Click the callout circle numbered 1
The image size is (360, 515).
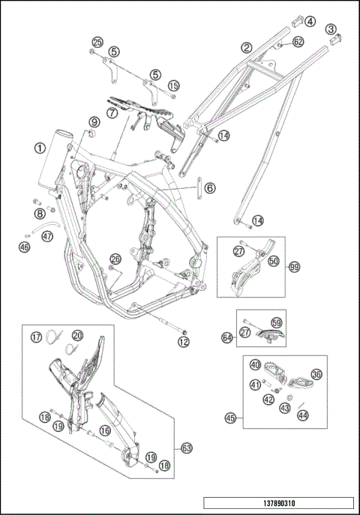point(40,148)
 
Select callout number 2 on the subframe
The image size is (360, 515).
point(247,48)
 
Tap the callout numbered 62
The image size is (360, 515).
point(298,42)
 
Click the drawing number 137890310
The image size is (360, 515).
point(278,503)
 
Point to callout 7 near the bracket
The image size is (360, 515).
point(112,113)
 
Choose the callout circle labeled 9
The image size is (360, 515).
point(94,122)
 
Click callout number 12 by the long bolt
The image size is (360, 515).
point(184,342)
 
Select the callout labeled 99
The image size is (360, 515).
point(294,268)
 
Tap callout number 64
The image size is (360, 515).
point(227,337)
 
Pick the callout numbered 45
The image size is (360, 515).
point(231,418)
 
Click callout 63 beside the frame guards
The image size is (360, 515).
point(187,448)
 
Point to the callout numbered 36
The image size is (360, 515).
point(316,374)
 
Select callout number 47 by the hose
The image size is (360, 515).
point(48,236)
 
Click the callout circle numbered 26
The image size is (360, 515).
point(115,259)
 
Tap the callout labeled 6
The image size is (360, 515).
point(210,188)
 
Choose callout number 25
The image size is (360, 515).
point(97,42)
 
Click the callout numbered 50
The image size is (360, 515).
point(273,261)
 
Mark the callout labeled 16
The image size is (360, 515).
point(105,430)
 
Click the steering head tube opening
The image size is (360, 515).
point(64,134)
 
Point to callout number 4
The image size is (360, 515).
point(310,22)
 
